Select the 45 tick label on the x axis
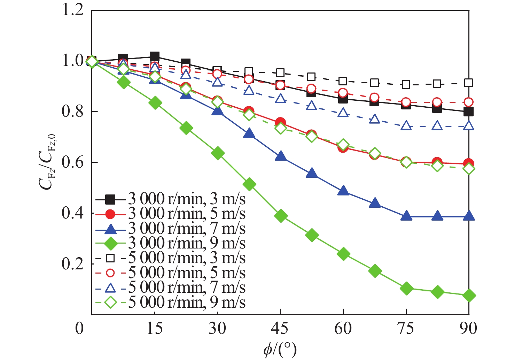(280, 328)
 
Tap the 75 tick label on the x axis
(406, 328)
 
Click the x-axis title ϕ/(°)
(280, 349)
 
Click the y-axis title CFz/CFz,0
(46, 162)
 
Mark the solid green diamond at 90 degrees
(469, 296)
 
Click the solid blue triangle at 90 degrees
(469, 216)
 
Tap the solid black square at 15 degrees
(155, 56)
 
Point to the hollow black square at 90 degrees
(469, 83)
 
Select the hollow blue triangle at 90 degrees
(469, 125)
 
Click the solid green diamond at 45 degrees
(281, 216)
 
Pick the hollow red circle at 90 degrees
(469, 102)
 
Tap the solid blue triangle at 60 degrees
(343, 191)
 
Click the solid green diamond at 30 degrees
(218, 153)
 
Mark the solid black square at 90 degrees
(469, 112)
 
